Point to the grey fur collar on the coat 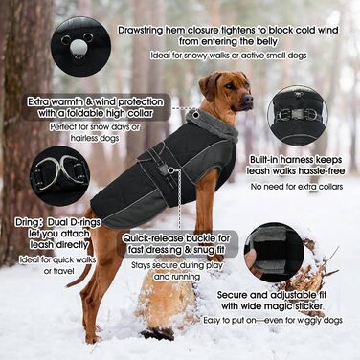[x=214, y=124]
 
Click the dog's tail [x=83, y=266]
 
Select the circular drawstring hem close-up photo [x=80, y=46]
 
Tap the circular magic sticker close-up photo [x=274, y=253]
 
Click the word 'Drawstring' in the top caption [x=141, y=31]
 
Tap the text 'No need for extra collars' [x=297, y=187]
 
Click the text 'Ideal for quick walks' [x=57, y=259]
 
